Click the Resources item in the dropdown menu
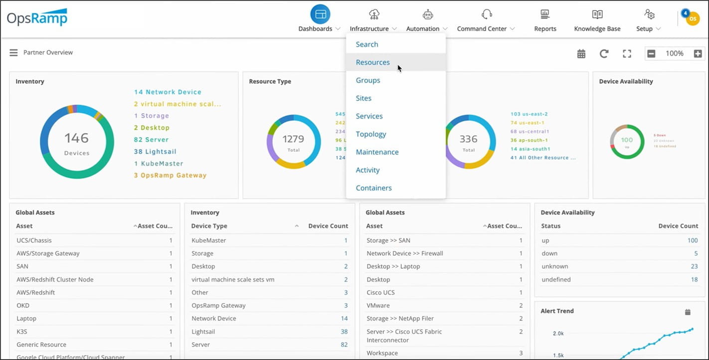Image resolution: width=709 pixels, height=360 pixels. [373, 62]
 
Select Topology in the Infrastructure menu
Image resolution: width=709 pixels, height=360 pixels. [371, 134]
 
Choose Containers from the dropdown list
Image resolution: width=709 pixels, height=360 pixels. [374, 188]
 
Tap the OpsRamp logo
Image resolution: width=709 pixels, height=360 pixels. [37, 18]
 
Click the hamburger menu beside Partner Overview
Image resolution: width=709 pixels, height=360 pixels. [13, 53]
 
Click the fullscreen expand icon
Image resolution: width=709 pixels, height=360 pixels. [627, 54]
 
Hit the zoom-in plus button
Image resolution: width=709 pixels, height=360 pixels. [698, 54]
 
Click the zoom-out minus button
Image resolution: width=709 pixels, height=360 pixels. [651, 54]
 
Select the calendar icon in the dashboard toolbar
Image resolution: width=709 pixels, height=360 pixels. [581, 54]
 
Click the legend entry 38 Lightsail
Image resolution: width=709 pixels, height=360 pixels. [155, 152]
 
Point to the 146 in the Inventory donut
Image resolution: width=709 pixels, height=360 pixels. [76, 138]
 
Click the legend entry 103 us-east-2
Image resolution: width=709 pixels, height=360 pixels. [529, 114]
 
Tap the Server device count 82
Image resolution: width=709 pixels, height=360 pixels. [344, 345]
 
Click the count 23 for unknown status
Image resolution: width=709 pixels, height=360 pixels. [694, 266]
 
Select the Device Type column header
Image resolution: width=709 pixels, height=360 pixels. [209, 226]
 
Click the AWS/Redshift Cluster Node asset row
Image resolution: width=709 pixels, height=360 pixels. [55, 280]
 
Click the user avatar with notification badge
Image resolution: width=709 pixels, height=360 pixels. [692, 18]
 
